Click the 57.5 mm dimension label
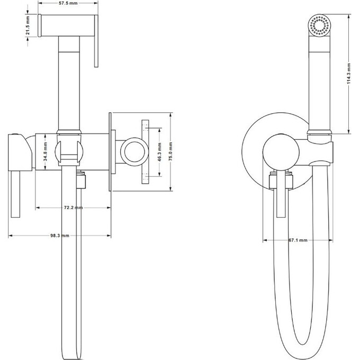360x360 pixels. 68,4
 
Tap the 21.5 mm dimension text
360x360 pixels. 32,24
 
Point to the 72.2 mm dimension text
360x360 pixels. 73,208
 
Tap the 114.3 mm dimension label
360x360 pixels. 349,75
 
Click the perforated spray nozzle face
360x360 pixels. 319,26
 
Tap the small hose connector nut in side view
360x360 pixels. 80,181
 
